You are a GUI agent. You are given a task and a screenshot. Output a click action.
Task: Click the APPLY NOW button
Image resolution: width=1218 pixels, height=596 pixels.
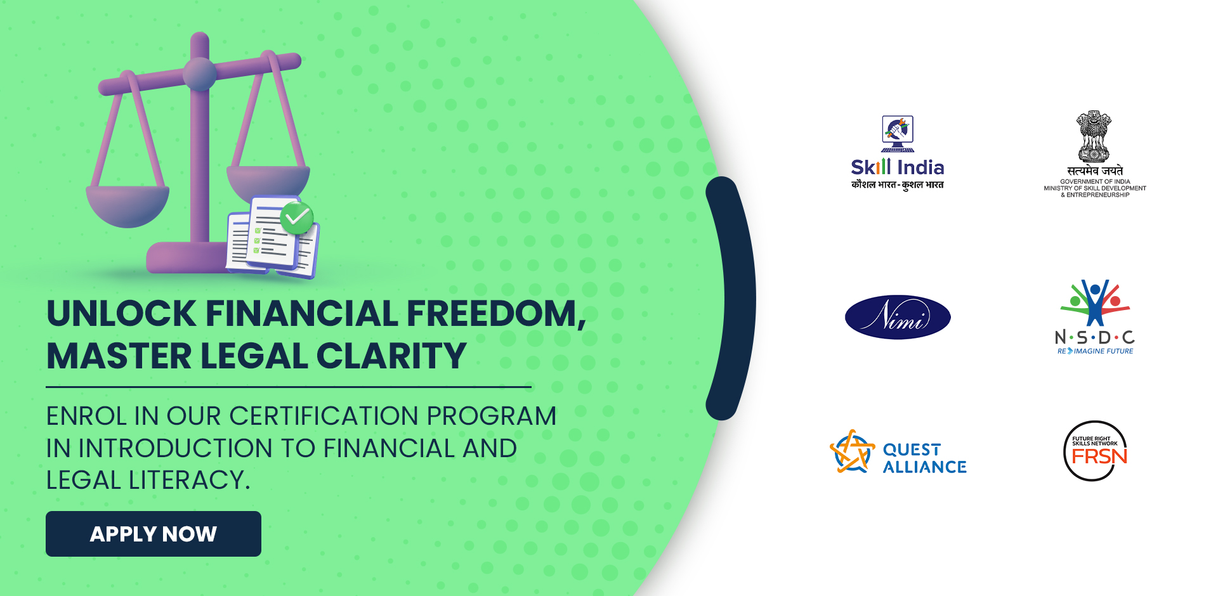[x=154, y=534]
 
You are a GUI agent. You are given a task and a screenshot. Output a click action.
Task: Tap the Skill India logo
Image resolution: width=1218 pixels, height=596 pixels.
[x=898, y=153]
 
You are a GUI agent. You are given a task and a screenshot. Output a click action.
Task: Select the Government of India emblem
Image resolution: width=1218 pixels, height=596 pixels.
[x=1094, y=136]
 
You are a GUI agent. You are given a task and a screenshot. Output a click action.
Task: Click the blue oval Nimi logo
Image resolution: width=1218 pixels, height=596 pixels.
[x=898, y=317]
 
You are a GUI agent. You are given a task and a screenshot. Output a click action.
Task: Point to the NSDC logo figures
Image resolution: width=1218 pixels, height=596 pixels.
[x=1095, y=302]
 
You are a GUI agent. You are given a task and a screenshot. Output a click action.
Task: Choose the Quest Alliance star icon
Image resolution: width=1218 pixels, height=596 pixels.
[x=852, y=452]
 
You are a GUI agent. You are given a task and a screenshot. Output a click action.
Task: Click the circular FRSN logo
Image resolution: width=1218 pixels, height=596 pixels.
[x=1096, y=451]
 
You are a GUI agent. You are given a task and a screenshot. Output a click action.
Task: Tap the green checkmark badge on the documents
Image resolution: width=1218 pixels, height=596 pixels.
[x=296, y=218]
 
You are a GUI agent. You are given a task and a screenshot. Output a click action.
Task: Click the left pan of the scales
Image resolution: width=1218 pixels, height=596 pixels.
[x=128, y=206]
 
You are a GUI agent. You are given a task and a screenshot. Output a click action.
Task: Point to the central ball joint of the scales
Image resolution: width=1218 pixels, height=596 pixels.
[x=200, y=74]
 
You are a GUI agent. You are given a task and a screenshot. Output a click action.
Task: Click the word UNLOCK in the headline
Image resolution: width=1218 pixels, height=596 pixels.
[x=122, y=313]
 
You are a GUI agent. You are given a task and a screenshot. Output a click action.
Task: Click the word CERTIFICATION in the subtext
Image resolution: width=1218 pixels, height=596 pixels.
[x=324, y=416]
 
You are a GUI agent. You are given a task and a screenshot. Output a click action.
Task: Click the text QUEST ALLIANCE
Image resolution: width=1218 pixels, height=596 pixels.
[x=925, y=458]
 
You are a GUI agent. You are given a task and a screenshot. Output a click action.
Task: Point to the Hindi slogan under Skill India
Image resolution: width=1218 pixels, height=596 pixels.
[x=898, y=185]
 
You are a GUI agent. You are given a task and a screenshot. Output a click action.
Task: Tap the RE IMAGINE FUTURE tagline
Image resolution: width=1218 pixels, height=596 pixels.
[x=1095, y=351]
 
